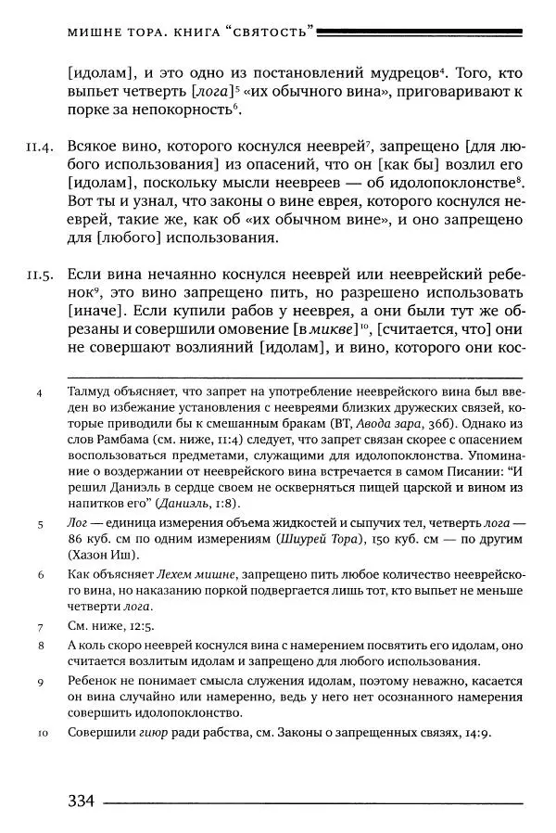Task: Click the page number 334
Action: coord(82,801)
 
